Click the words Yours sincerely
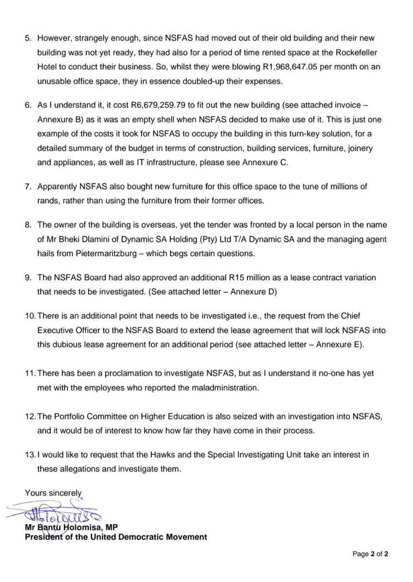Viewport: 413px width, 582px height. (x=54, y=492)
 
